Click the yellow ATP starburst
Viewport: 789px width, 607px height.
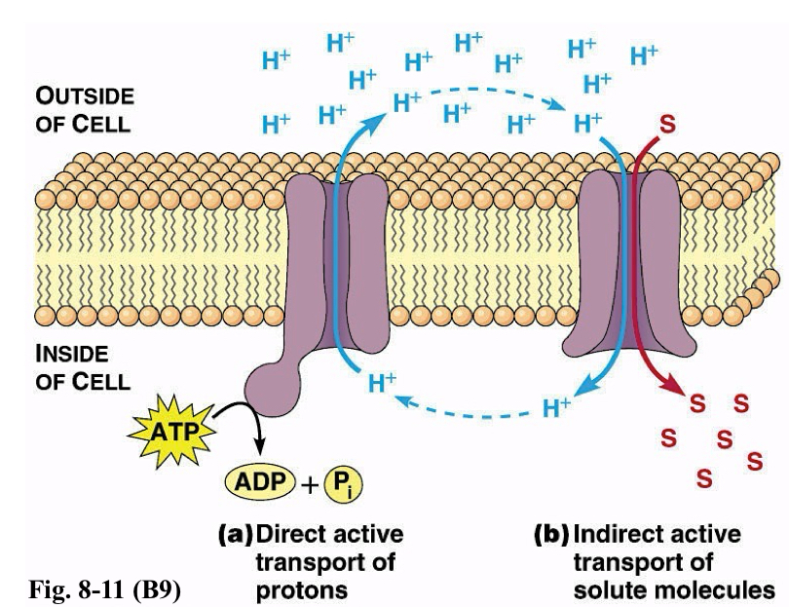[x=172, y=432]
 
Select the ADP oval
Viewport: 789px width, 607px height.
[x=260, y=482]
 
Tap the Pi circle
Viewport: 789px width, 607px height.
[x=343, y=484]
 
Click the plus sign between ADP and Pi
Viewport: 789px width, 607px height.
[x=310, y=486]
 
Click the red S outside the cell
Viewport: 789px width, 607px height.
[x=667, y=124]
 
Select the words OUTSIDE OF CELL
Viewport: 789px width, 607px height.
[x=85, y=110]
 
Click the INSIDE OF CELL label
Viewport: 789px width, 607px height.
[x=83, y=367]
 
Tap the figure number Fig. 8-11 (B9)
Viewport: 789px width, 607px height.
[x=104, y=589]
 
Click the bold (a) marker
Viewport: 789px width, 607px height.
[x=235, y=535]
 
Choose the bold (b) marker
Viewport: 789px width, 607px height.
[x=551, y=535]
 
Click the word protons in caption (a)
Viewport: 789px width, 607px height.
[x=302, y=589]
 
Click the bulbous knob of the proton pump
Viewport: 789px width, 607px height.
[x=273, y=388]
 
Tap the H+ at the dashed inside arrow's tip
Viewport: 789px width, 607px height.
[x=382, y=383]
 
